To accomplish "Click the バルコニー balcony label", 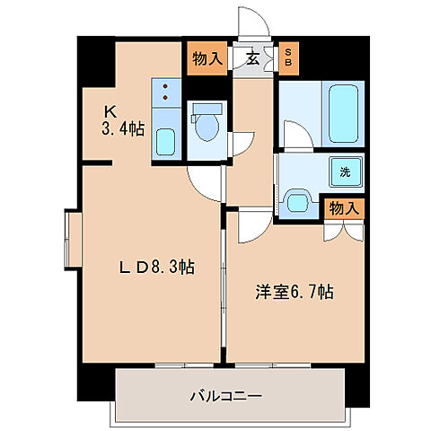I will [x=224, y=394].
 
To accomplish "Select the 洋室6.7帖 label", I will [x=295, y=292].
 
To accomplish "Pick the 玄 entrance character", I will [x=253, y=59].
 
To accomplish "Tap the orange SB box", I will [x=288, y=59].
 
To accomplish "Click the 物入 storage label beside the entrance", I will [x=207, y=59].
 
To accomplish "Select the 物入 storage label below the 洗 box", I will [x=343, y=207].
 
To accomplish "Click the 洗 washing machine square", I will [x=345, y=171].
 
